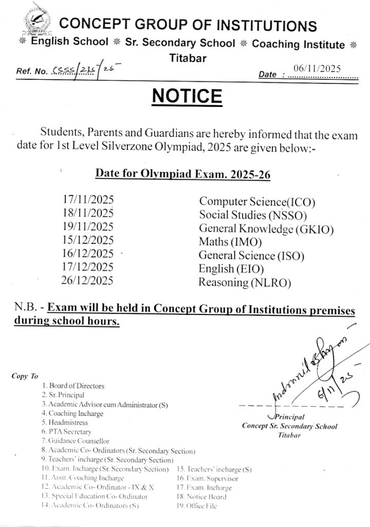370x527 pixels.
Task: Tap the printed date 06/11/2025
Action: tap(317, 68)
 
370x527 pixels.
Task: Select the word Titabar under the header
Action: tap(188, 58)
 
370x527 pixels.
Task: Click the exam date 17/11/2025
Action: tap(88, 200)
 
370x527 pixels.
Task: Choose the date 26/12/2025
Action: tap(88, 280)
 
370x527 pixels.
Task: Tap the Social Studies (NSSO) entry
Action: tap(253, 215)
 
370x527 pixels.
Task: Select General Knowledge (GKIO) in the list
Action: tap(266, 229)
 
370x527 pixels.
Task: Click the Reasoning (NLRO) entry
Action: tap(245, 282)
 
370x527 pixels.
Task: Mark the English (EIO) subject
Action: tap(231, 269)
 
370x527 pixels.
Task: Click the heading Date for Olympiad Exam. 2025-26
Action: tap(183, 173)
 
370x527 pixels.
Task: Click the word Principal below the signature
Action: tap(290, 417)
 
